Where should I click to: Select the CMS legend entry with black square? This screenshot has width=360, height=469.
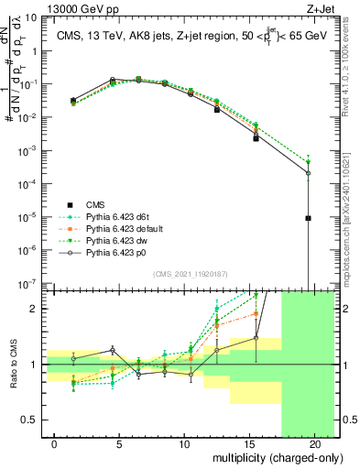click(101, 204)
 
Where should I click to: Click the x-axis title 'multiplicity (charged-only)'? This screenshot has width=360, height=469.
click(266, 457)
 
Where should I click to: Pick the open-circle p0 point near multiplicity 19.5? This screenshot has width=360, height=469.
click(309, 173)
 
